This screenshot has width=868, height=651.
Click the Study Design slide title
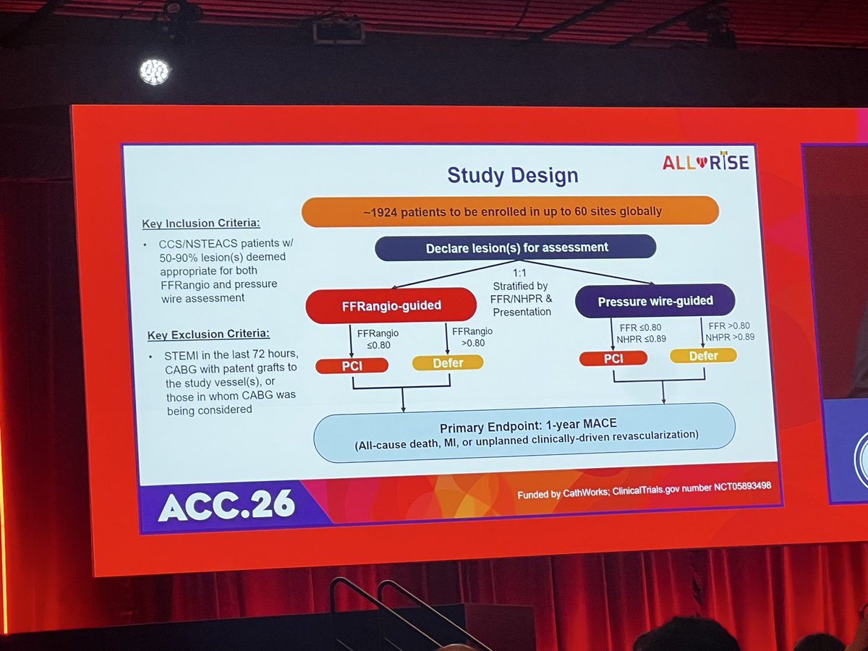512,175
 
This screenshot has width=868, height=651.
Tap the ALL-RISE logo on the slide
705,163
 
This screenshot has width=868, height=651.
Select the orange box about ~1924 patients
510,210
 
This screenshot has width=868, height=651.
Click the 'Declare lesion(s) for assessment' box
515,247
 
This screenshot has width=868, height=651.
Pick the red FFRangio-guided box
391,305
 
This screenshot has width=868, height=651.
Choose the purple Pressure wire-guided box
655,300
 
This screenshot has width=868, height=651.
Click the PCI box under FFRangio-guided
352,365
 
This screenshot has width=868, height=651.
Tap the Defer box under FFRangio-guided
447,362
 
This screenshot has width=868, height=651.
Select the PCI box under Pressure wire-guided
613,358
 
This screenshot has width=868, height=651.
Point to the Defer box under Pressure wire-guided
703,355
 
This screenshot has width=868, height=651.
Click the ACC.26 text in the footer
226,507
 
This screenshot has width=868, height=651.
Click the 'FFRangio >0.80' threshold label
470,336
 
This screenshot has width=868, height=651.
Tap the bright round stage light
154,71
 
